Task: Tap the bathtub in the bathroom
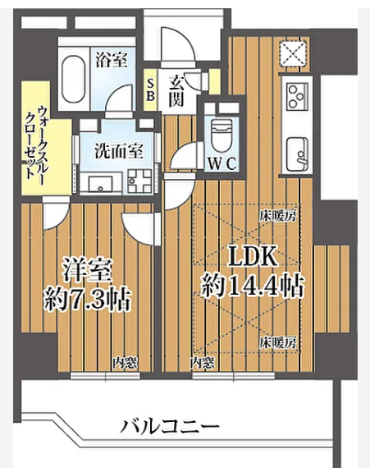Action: point(73,79)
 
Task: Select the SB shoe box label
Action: point(150,89)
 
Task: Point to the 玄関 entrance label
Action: point(176,91)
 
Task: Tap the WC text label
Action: point(222,163)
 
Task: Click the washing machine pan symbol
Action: point(139,181)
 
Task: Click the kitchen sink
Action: point(297,154)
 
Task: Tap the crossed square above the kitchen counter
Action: point(293,53)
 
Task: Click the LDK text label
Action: point(253,256)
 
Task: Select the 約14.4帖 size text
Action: point(252,286)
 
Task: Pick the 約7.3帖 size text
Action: point(87,300)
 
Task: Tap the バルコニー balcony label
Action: point(170,426)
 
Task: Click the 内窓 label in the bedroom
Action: point(126,364)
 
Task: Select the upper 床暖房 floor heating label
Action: point(278,216)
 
